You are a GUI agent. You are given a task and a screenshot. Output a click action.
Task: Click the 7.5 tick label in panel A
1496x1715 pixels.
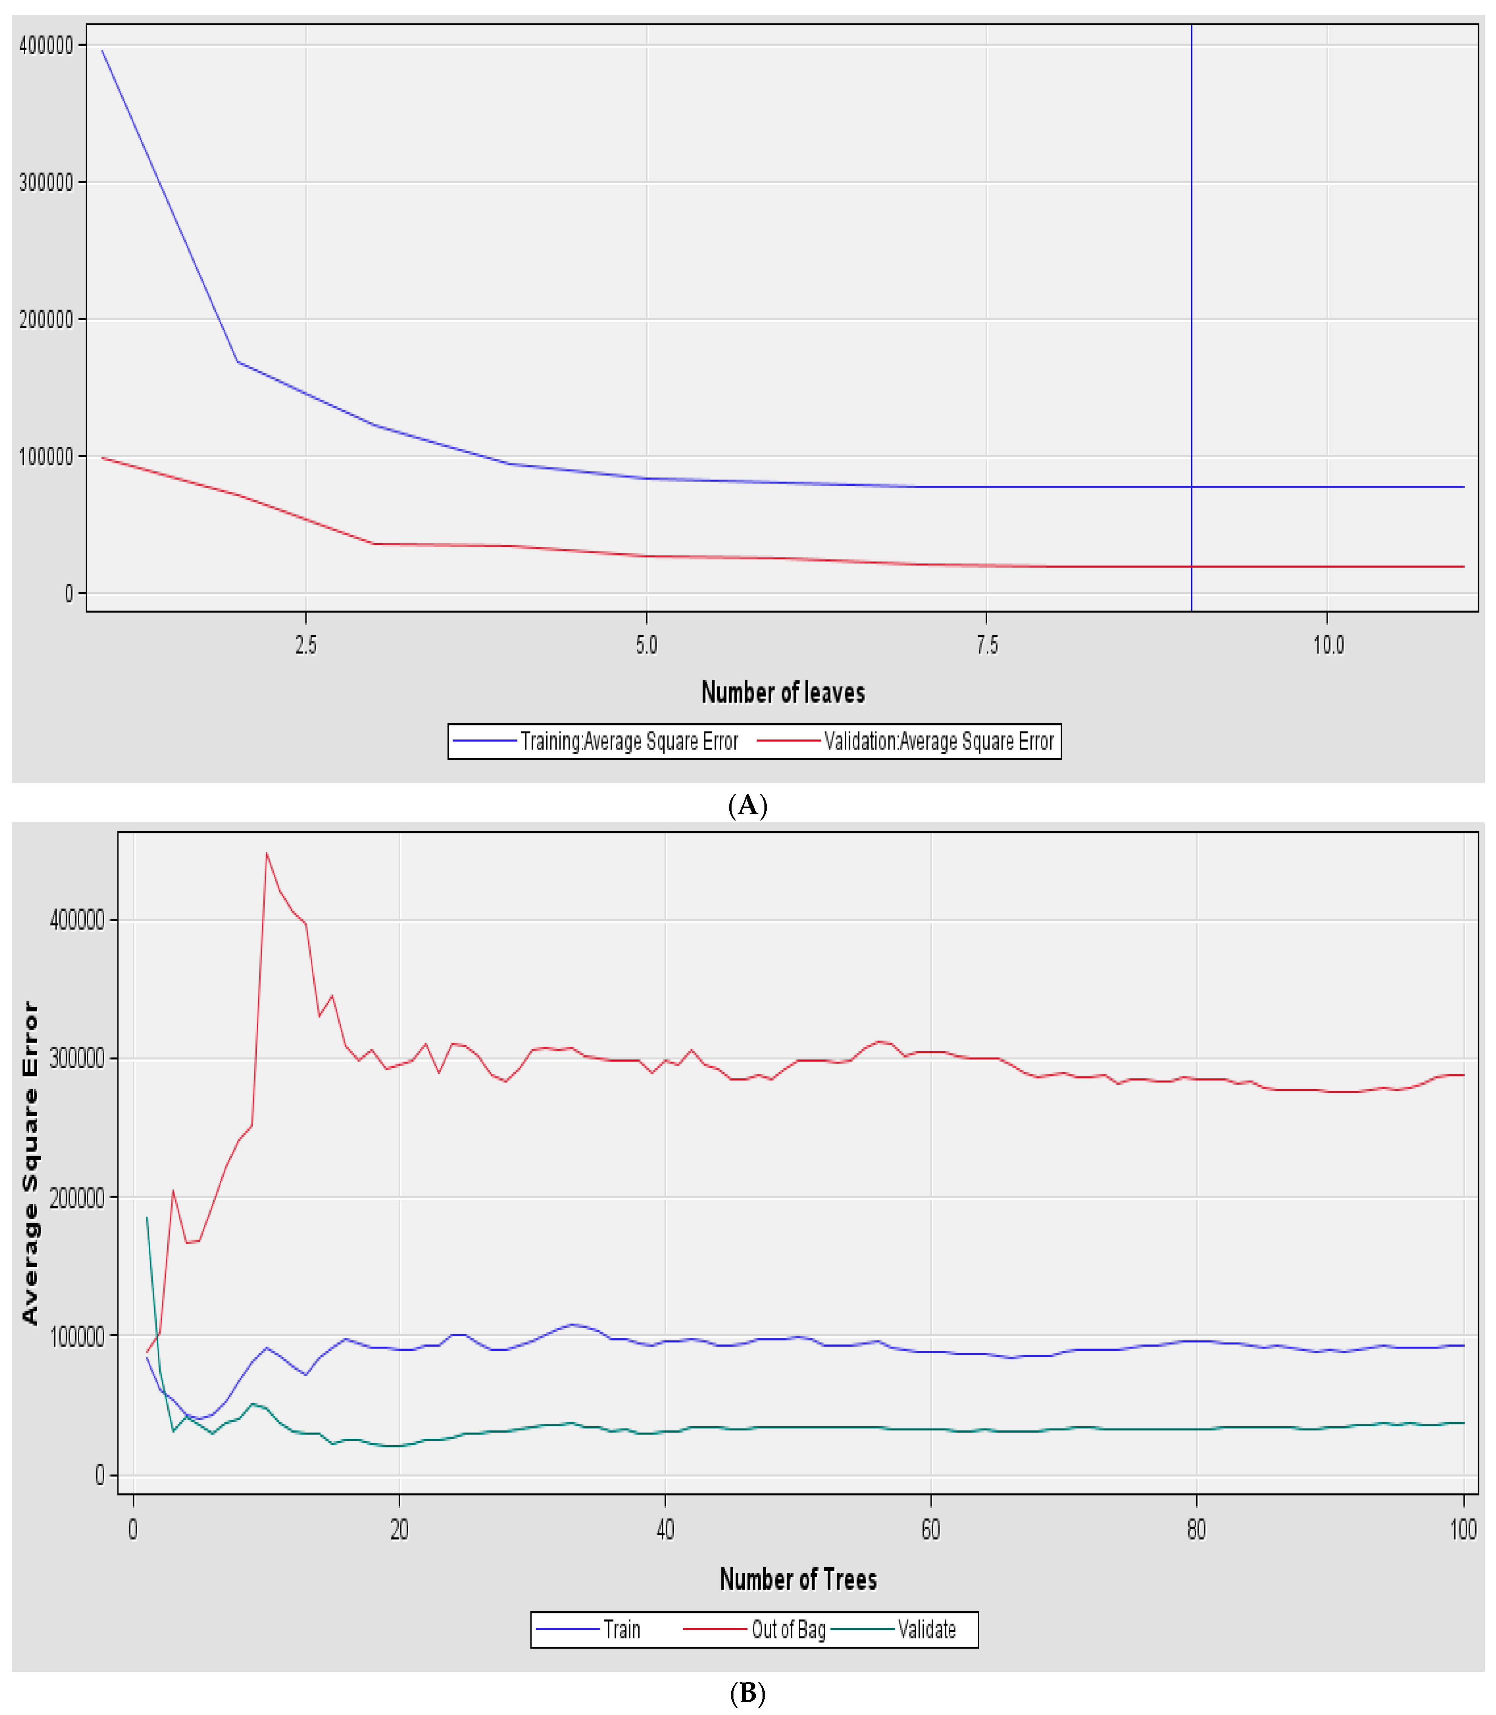987,645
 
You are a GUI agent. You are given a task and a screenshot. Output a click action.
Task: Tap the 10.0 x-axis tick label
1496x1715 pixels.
1328,645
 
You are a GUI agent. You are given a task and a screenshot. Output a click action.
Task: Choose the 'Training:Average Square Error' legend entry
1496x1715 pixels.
629,741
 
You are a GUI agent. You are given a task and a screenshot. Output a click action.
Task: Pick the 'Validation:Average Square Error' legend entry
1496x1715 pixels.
938,741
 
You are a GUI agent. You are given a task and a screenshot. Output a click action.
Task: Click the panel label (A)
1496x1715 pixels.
747,805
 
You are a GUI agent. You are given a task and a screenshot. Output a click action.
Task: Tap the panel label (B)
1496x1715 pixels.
747,1692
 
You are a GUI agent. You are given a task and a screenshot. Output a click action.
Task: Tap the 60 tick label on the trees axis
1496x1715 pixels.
931,1530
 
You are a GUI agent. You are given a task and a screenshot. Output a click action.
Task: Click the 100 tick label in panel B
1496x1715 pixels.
1463,1530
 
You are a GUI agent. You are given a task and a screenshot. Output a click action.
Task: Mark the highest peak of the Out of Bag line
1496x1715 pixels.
266,853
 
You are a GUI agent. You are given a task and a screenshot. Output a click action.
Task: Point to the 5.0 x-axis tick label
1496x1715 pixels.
646,645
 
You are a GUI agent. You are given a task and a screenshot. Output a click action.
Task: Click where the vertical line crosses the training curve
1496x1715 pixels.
1191,486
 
